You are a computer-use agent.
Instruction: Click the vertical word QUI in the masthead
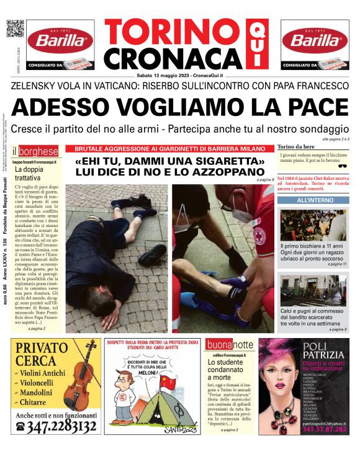254,44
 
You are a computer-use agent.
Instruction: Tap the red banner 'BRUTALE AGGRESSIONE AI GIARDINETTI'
170,149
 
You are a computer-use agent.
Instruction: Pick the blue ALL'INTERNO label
314,200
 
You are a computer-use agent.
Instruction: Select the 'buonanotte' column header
230,345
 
